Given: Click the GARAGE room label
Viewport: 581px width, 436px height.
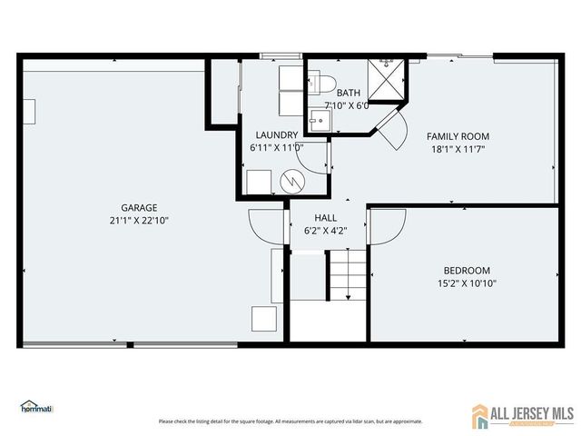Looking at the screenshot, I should (139, 207).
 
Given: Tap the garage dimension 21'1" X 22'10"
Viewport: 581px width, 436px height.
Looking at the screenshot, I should (139, 220).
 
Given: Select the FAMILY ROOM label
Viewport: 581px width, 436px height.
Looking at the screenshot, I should (458, 136).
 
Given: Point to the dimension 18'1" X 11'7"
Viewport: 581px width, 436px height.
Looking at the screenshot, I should (458, 149).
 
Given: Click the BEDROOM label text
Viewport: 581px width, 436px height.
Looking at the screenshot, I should (467, 270).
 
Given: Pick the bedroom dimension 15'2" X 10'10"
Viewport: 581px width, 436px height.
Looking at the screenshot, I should (467, 282).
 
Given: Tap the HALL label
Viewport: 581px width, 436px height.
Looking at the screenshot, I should (326, 218).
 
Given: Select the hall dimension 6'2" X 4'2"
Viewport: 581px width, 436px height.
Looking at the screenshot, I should (326, 231).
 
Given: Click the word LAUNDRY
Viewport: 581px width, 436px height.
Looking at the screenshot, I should (276, 134).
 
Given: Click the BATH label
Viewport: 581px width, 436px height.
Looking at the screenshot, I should (349, 93).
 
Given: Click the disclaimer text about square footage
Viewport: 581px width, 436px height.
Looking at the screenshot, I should (290, 421).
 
